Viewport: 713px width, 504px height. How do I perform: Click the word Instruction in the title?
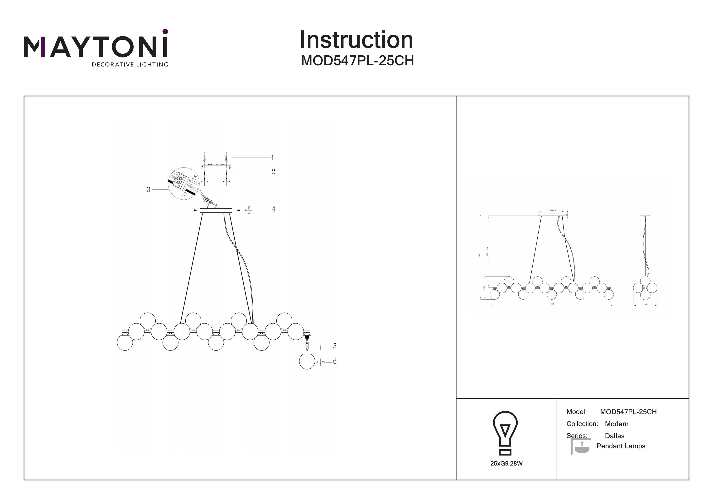tap(356, 40)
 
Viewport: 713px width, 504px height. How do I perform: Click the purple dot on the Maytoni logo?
tap(165, 31)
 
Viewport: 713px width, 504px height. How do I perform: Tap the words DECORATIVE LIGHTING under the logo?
tap(130, 65)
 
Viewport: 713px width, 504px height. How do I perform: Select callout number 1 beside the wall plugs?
tap(273, 158)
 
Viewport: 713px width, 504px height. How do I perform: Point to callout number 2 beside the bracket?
tap(273, 172)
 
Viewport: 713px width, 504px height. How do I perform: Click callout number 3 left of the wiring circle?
tap(149, 189)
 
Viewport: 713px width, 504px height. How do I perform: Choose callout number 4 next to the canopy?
tap(273, 209)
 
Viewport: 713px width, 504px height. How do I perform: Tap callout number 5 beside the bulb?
tap(334, 346)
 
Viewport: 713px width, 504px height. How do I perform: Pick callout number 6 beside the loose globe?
tap(334, 361)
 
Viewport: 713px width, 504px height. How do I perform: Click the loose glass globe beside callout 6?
tap(307, 361)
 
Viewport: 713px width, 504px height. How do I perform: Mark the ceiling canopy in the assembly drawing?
tap(216, 211)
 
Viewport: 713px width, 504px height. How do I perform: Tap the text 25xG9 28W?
tap(506, 464)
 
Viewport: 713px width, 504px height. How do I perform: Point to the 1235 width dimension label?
tap(552, 304)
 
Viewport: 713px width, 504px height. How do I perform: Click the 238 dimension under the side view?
tap(645, 304)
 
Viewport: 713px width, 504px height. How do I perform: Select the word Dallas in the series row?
tap(615, 436)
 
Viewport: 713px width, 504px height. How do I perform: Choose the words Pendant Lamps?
tap(621, 446)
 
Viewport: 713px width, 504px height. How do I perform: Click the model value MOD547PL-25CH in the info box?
tap(628, 412)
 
